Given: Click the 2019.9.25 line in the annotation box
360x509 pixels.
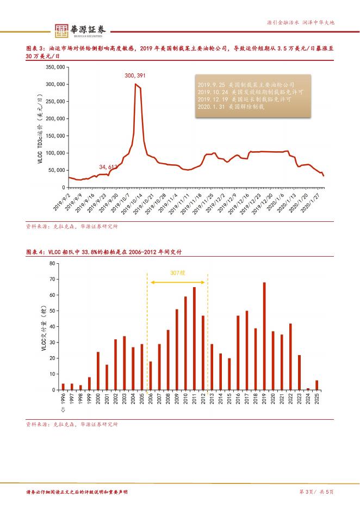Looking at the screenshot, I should [x=246, y=85].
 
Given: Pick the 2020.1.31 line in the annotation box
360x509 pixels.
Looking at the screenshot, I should [x=231, y=107].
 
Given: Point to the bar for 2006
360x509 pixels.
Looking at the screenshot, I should [x=151, y=375].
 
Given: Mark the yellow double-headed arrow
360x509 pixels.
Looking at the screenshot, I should [x=178, y=282].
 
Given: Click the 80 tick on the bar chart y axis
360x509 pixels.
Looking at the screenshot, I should [x=52, y=263].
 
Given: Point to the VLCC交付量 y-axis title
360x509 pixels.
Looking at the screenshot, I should [x=44, y=326].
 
